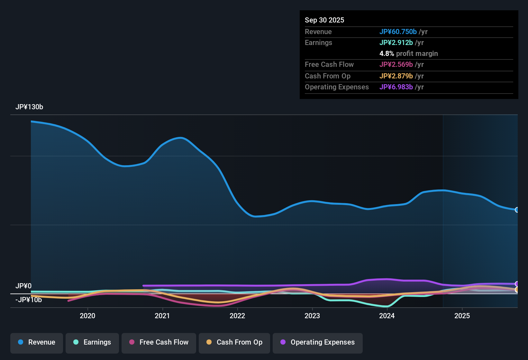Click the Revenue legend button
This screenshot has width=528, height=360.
coord(37,342)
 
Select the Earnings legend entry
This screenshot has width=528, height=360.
coord(92,342)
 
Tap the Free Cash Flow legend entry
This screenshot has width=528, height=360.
coord(159,342)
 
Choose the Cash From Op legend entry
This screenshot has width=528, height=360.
coord(234,342)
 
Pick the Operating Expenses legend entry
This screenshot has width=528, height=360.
coord(318,342)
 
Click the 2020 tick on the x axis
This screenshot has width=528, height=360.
coord(87,316)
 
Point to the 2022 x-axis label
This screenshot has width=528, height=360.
coord(237,316)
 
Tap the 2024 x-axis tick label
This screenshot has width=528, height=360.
coord(387,316)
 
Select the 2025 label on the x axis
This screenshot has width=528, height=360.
coord(462,316)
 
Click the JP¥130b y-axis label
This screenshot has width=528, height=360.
coord(29,107)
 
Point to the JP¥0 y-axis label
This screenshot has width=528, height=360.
coord(23,286)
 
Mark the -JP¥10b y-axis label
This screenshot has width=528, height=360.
coord(29,300)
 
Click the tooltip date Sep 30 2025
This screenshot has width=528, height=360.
coord(324,20)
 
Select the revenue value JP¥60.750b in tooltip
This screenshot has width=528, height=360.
coord(398,32)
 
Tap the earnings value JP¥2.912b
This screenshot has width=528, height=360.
coord(396,42)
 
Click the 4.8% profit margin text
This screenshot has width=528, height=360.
coord(409,53)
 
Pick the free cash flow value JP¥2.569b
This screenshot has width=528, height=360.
coord(396,64)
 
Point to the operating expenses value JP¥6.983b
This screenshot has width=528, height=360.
coord(396,87)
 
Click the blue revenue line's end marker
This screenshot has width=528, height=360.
coord(517,210)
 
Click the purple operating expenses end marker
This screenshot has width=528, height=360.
coord(517,284)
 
